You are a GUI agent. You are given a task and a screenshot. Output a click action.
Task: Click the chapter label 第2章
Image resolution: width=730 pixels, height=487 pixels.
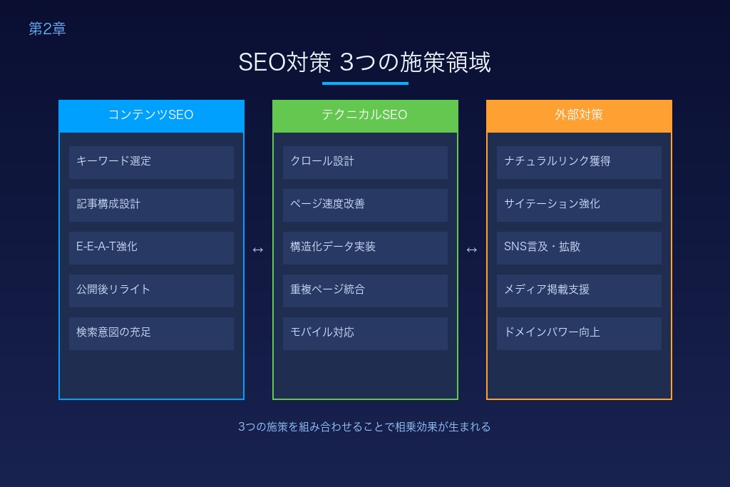pos(47,29)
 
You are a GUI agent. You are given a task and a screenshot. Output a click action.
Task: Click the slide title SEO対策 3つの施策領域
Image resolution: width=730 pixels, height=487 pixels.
pos(364,62)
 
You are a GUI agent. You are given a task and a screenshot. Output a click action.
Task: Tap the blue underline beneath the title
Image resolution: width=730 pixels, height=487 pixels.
pos(365,83)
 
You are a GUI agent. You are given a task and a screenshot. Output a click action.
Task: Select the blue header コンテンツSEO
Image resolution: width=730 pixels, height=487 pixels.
pos(151,115)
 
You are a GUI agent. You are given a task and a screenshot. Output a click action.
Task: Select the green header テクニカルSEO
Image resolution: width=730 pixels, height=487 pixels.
pos(365,115)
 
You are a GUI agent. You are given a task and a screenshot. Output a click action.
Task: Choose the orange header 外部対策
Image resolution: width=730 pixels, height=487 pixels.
pos(579,115)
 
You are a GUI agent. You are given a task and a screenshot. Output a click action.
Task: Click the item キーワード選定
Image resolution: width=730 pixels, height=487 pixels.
pos(151,162)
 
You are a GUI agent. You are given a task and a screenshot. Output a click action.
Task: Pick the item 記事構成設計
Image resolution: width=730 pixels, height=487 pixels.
pos(151,205)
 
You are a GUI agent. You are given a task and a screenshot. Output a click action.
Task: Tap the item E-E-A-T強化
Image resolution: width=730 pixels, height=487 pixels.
pos(151,247)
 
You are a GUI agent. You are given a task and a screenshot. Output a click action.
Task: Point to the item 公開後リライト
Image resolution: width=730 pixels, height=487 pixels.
pos(151,290)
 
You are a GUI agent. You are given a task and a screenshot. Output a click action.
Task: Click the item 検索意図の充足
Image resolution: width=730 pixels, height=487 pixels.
pos(151,333)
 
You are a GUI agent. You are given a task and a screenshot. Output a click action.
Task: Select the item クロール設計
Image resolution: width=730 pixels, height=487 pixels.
pos(365,162)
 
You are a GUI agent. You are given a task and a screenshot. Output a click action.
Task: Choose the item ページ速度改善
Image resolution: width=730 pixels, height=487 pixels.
pos(365,205)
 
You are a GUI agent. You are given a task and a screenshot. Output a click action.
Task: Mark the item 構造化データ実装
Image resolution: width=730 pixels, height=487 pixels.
pos(365,247)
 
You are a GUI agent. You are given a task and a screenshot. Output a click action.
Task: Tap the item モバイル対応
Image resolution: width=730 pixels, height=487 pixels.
pos(365,333)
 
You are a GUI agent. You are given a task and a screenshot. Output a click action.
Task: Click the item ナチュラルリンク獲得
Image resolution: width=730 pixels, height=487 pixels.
pos(579,162)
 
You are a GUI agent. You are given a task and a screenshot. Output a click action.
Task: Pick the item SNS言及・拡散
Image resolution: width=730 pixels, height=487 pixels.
pos(579,247)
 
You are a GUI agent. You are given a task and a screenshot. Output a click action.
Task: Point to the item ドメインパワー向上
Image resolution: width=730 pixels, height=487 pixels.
pos(579,333)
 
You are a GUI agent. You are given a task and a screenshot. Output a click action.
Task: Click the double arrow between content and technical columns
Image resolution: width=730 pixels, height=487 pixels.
pos(258,250)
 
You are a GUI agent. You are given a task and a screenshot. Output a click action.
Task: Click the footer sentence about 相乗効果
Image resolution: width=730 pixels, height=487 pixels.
pos(364,427)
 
